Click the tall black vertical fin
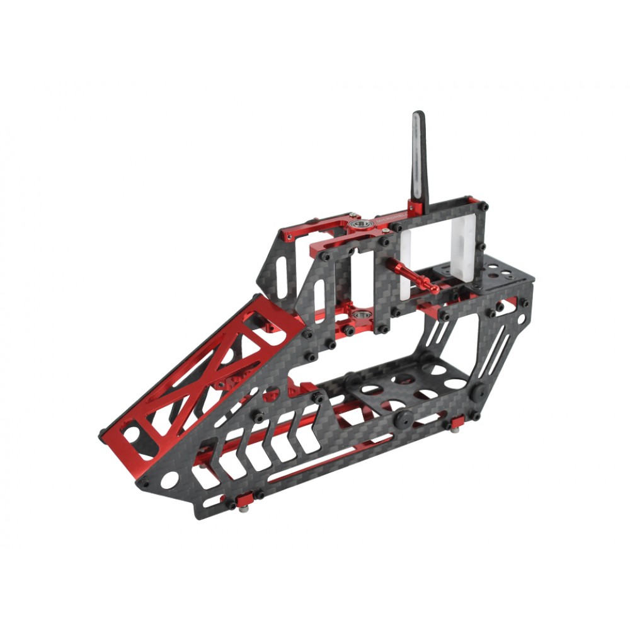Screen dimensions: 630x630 pos(420,157)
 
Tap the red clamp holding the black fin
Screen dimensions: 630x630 pos(414,209)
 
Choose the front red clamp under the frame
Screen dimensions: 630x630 pos(239,501)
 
